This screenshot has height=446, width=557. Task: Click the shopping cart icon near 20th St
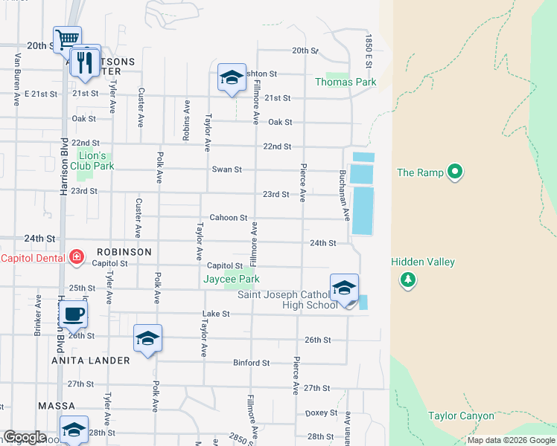[67, 39]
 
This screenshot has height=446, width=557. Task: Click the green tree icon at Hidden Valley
[407, 280]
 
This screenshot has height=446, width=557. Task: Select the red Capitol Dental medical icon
[76, 258]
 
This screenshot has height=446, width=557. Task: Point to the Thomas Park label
[346, 83]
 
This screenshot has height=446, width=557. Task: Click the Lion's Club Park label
[95, 161]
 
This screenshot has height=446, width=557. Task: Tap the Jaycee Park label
[232, 279]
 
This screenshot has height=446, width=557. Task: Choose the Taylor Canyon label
[461, 416]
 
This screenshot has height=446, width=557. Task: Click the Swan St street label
[227, 169]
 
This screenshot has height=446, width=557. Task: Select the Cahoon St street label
[228, 218]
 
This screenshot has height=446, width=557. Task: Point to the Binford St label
[251, 363]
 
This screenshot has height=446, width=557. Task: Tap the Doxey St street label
[322, 413]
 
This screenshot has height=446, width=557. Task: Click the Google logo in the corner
[25, 437]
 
